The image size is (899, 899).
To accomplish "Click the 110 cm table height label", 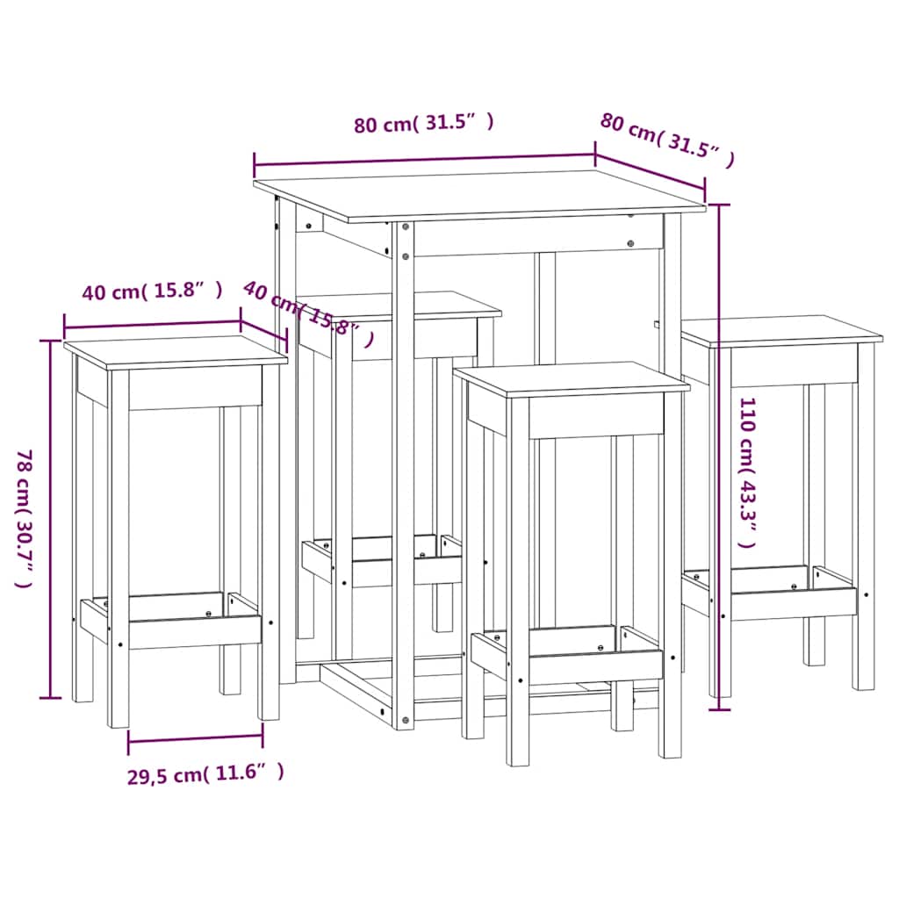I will click(747, 471).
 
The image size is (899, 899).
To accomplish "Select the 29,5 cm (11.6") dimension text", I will click(205, 773).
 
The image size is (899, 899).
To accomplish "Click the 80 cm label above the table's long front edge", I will click(424, 124).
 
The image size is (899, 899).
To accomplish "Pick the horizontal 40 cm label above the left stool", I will click(152, 292).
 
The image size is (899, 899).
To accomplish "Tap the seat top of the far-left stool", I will click(176, 350).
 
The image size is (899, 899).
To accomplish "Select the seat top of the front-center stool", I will click(571, 378).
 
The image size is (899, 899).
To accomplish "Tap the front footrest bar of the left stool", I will click(195, 630).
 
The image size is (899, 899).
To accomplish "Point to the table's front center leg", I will click(403, 474).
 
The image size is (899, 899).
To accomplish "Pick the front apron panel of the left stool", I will click(195, 389).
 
